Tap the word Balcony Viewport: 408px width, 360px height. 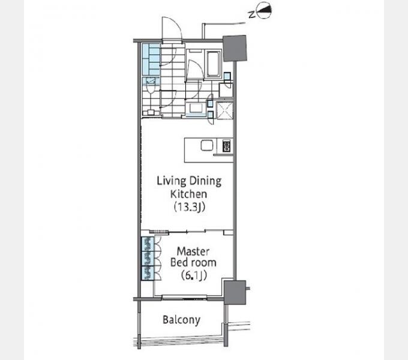[x=181, y=320]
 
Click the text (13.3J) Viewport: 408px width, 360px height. [x=190, y=207]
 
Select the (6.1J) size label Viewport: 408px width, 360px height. [x=194, y=275]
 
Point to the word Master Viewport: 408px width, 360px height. [x=193, y=251]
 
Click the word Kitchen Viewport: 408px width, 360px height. [x=188, y=194]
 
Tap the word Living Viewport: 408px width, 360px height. [x=171, y=181]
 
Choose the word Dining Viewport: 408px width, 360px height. [x=206, y=181]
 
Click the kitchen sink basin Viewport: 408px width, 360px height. [x=207, y=145]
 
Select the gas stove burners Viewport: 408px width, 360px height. [x=226, y=146]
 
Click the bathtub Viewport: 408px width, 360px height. [x=214, y=64]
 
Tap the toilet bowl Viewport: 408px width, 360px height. [x=150, y=88]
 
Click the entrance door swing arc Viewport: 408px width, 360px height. [x=172, y=28]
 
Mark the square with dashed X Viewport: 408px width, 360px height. [x=224, y=111]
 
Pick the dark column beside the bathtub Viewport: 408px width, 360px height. [x=235, y=49]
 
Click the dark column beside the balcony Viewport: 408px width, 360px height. [x=235, y=292]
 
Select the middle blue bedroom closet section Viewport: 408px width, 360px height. [x=148, y=258]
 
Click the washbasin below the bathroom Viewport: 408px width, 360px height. [x=195, y=108]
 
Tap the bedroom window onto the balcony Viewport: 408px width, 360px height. [x=184, y=297]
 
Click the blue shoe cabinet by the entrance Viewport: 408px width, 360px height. [x=151, y=59]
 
